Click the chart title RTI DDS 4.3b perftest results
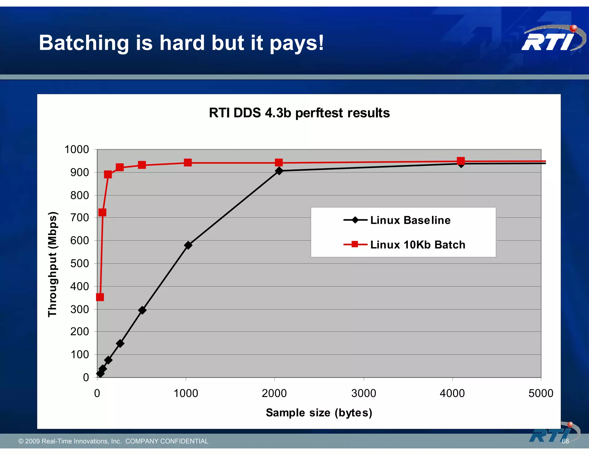(299, 113)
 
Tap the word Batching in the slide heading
(84, 43)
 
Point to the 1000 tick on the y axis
(77, 150)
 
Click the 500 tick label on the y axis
(80, 263)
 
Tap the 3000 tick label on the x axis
(364, 393)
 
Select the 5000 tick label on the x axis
(541, 393)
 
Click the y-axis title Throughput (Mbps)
(53, 264)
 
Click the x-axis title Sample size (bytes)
(319, 413)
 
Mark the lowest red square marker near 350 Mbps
(100, 297)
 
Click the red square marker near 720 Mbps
(102, 213)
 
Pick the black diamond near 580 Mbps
(188, 245)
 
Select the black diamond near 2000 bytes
(279, 171)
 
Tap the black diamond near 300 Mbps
(142, 310)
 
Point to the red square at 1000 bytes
(188, 163)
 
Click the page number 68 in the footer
(565, 441)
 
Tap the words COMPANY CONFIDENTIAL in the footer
(167, 441)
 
